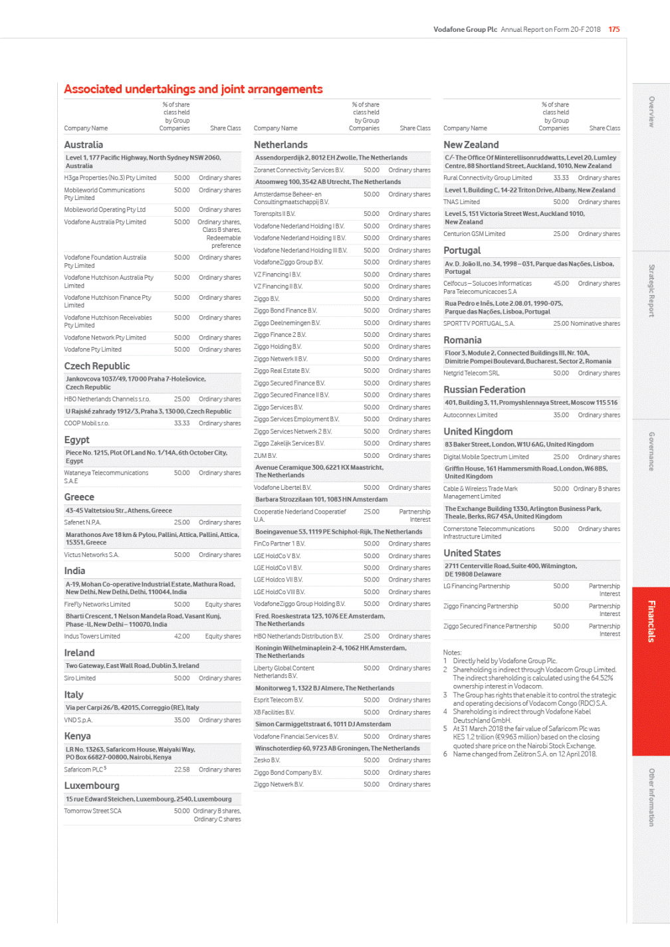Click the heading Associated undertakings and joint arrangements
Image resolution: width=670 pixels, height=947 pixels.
click(193, 89)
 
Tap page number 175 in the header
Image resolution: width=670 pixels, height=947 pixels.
click(614, 29)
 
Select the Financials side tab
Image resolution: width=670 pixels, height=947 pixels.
click(651, 621)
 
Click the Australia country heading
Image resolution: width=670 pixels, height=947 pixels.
click(83, 145)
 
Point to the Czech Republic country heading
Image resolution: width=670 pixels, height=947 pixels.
click(96, 366)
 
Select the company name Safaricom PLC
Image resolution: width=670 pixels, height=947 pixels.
click(84, 770)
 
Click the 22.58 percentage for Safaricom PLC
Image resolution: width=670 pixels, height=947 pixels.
click(181, 770)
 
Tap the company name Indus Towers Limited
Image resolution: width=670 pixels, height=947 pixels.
click(92, 636)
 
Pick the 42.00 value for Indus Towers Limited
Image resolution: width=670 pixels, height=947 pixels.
click(181, 636)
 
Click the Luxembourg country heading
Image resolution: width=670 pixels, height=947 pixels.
click(92, 786)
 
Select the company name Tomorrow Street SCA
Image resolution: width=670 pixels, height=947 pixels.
click(92, 811)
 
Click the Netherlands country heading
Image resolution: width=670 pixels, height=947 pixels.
click(280, 145)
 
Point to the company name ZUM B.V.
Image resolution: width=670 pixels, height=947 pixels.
click(265, 456)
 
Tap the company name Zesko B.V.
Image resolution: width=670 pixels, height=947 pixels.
click(267, 760)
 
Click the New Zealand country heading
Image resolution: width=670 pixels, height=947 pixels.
click(471, 145)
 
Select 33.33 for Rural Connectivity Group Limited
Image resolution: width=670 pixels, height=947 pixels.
click(561, 178)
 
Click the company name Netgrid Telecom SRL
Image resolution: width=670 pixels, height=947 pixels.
click(471, 373)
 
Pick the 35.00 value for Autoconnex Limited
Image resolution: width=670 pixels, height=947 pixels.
click(561, 415)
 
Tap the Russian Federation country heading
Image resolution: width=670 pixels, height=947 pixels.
click(484, 390)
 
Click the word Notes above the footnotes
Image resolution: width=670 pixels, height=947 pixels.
click(452, 653)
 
